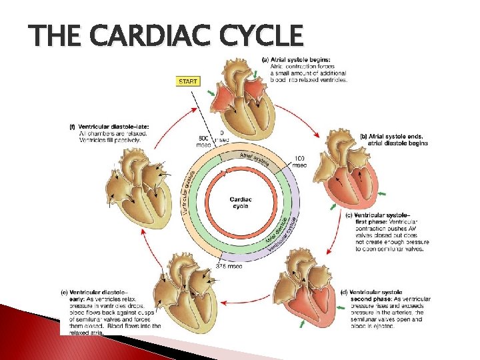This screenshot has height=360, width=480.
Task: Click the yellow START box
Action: tap(188, 82)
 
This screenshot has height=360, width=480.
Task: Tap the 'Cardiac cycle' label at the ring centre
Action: tap(241, 202)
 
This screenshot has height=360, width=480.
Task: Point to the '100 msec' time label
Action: tap(300, 161)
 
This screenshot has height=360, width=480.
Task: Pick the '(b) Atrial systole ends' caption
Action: tap(393, 137)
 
